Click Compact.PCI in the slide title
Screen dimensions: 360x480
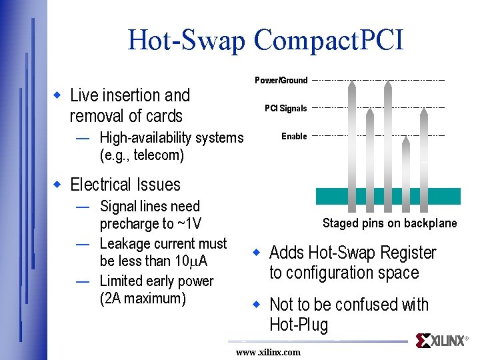pyautogui.click(x=328, y=41)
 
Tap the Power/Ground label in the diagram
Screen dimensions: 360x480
pyautogui.click(x=281, y=81)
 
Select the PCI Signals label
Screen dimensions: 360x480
pyautogui.click(x=285, y=109)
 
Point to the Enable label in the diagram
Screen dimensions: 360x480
pyautogui.click(x=294, y=137)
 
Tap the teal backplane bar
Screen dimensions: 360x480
pyautogui.click(x=387, y=196)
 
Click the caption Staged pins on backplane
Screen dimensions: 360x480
pyautogui.click(x=389, y=223)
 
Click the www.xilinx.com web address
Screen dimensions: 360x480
pyautogui.click(x=268, y=352)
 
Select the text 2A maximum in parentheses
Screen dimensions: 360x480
pyautogui.click(x=142, y=298)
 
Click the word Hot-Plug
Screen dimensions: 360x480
pyautogui.click(x=299, y=325)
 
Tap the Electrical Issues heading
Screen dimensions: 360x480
pyautogui.click(x=125, y=185)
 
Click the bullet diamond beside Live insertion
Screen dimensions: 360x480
pyautogui.click(x=58, y=96)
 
